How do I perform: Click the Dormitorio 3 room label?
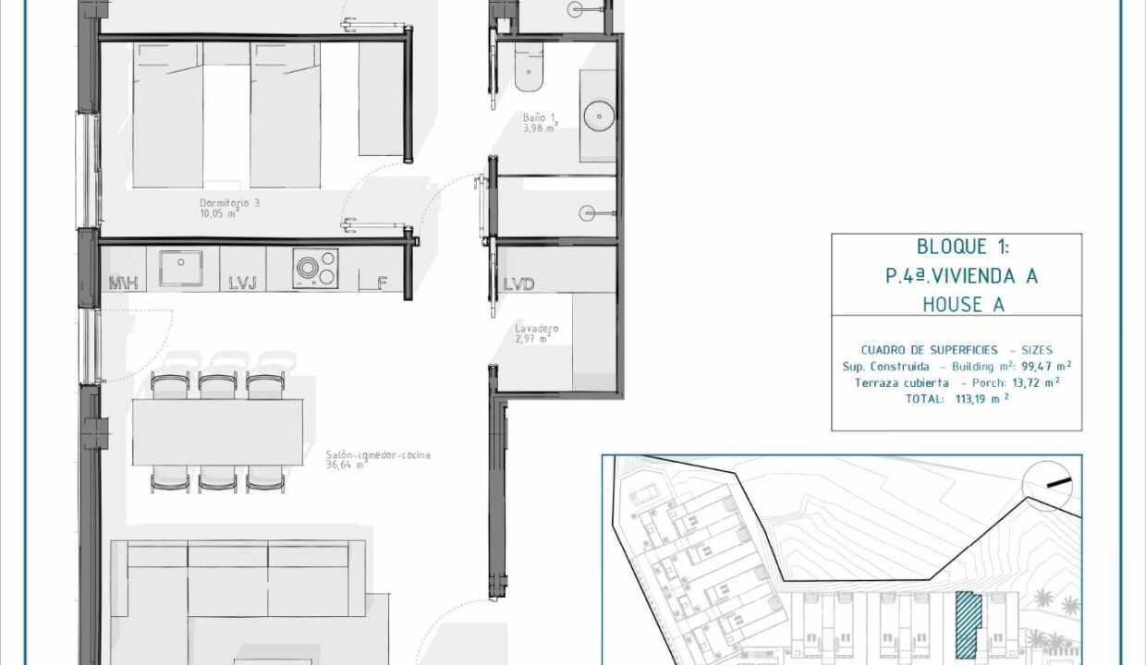[229, 203]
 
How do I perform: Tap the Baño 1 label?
[538, 118]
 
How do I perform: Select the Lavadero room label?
[537, 328]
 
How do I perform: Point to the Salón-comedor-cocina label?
[378, 455]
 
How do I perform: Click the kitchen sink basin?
[180, 268]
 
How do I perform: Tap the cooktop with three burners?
[315, 269]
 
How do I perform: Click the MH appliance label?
[123, 284]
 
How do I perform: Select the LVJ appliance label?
[242, 284]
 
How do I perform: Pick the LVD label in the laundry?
[518, 284]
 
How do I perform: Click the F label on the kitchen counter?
[382, 284]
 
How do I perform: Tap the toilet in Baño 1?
[529, 66]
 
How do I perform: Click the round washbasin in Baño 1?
[599, 116]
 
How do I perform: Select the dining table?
[217, 432]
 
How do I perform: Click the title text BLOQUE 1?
[962, 248]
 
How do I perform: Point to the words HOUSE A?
[963, 305]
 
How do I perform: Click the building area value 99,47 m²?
[1046, 366]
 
